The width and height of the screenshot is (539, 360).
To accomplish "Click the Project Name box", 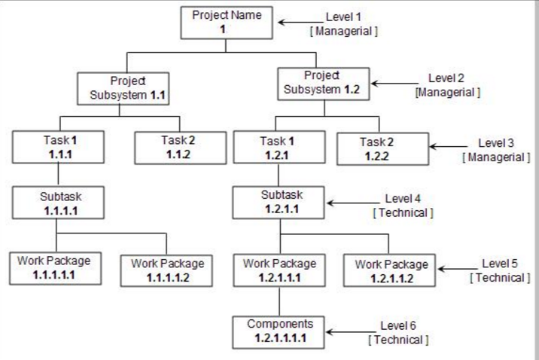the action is (227, 23).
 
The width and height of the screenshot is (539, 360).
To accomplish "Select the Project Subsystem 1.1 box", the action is (123, 88).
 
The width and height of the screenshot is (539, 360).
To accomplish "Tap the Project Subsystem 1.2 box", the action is (324, 84).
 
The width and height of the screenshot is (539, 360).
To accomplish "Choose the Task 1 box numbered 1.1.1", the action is (58, 147).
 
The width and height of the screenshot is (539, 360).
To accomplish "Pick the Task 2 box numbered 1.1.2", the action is (181, 148).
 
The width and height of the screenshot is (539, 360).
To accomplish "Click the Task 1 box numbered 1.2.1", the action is (279, 147).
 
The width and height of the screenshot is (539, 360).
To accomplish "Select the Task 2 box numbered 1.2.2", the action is (383, 149).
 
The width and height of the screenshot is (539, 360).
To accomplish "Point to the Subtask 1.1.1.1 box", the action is (58, 203).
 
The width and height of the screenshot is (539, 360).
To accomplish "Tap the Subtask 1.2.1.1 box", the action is (279, 203).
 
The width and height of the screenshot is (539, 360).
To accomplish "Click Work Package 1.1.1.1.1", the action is (56, 269).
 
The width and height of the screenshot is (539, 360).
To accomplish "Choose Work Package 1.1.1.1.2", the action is (166, 270).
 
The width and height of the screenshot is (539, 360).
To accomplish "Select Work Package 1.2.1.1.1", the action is (279, 270).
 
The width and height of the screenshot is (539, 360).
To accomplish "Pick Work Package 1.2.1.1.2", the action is (389, 270).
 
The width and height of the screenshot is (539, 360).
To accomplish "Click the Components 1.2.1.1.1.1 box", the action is (279, 332).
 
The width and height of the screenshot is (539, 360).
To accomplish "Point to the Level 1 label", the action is (343, 17).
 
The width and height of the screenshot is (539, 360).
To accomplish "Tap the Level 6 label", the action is (397, 325).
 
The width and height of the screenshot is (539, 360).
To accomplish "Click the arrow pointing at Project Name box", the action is (300, 23).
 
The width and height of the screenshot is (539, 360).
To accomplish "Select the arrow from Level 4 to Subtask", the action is (354, 203).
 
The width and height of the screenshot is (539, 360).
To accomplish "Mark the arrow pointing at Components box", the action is (351, 332).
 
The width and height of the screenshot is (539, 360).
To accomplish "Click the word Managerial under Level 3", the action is (496, 157).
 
